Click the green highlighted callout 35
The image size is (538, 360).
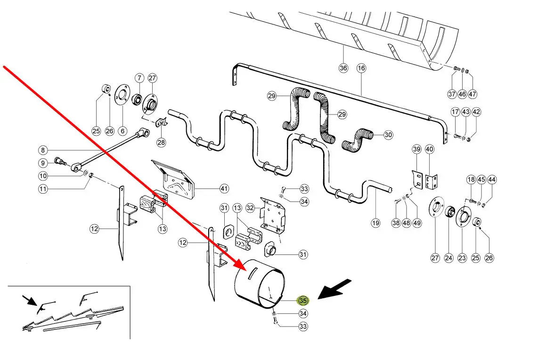click(x=303, y=300)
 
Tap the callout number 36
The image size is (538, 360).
click(x=343, y=68)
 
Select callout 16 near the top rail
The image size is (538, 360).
click(x=361, y=68)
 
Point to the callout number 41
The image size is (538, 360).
click(x=224, y=188)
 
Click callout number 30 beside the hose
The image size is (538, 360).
click(x=388, y=135)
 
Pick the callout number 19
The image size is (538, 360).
click(x=375, y=222)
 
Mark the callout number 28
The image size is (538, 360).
click(x=161, y=142)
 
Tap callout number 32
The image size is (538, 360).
click(x=250, y=207)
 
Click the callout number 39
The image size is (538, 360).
click(x=416, y=149)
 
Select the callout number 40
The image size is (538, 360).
click(x=429, y=149)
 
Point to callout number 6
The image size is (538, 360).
click(x=122, y=131)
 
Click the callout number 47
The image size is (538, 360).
click(x=473, y=94)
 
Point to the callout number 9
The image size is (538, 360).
click(x=43, y=163)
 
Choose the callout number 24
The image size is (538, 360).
click(x=448, y=258)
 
